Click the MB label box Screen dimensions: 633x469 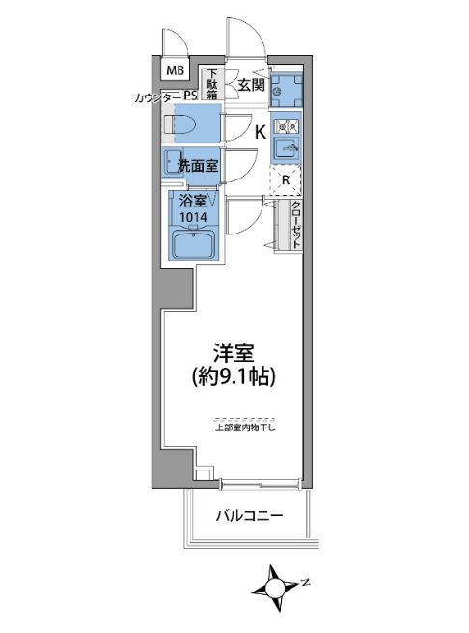coord(175,70)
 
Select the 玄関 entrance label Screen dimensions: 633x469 coord(251,85)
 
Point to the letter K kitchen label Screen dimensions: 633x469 coord(260,133)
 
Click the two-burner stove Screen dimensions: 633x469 coord(285,124)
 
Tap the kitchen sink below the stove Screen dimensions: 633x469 coord(286,149)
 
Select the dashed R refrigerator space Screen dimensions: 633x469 coord(286,179)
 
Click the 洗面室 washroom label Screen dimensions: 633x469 coord(197,165)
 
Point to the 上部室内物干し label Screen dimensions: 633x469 coord(245,428)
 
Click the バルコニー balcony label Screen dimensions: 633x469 coord(249,516)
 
